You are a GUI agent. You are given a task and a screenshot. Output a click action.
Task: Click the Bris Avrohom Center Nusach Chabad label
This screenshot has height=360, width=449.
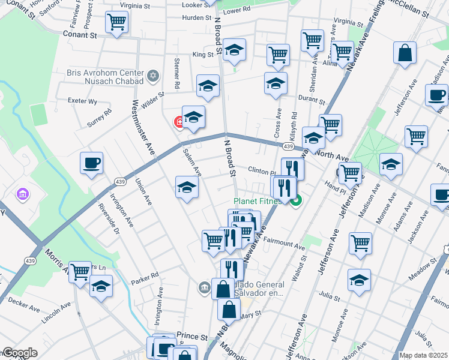point(106,76)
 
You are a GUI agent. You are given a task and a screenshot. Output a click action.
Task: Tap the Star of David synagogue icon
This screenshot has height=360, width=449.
point(153,76)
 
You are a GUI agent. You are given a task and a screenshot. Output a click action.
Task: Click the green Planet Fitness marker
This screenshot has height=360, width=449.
point(295,202)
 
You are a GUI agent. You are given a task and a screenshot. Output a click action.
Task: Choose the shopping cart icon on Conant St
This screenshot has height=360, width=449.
point(116,23)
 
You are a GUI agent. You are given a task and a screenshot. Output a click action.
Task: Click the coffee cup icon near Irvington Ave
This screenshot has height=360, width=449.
point(91,163)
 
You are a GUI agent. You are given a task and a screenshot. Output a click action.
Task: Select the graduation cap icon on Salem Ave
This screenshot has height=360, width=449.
point(187,188)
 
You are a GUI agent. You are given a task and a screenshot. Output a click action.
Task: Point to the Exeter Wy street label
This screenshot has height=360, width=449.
point(82,101)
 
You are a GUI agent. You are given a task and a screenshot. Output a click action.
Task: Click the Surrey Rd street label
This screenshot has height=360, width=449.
point(100,118)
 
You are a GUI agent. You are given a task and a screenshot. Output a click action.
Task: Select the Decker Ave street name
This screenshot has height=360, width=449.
point(25,305)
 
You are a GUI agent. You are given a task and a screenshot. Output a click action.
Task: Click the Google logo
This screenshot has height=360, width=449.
point(19,353)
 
